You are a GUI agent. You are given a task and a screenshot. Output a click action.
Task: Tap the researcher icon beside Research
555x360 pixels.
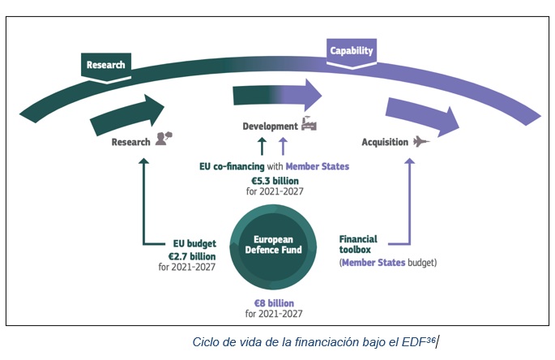point(164,139)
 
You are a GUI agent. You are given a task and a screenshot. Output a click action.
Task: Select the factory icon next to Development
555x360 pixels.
point(309,123)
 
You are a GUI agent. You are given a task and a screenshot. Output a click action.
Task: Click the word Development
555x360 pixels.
point(270,126)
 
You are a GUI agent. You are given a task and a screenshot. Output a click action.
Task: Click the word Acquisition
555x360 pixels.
point(385,142)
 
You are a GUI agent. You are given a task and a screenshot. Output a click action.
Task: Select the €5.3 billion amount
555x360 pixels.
point(274,180)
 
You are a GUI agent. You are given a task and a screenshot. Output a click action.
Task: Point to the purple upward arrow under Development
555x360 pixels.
point(283,146)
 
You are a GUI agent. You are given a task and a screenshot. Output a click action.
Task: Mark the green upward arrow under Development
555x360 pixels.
point(262,146)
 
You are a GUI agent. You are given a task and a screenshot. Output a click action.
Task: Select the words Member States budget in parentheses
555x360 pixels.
point(388,264)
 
